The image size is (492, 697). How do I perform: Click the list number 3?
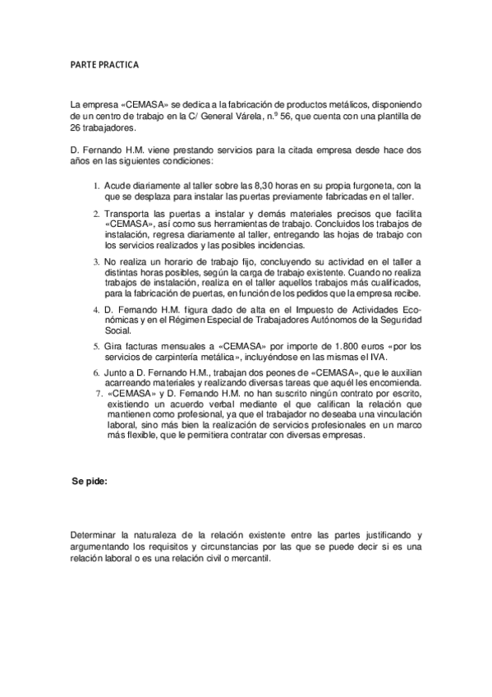pyautogui.click(x=96, y=262)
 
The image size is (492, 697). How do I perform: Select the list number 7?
pyautogui.click(x=99, y=394)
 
